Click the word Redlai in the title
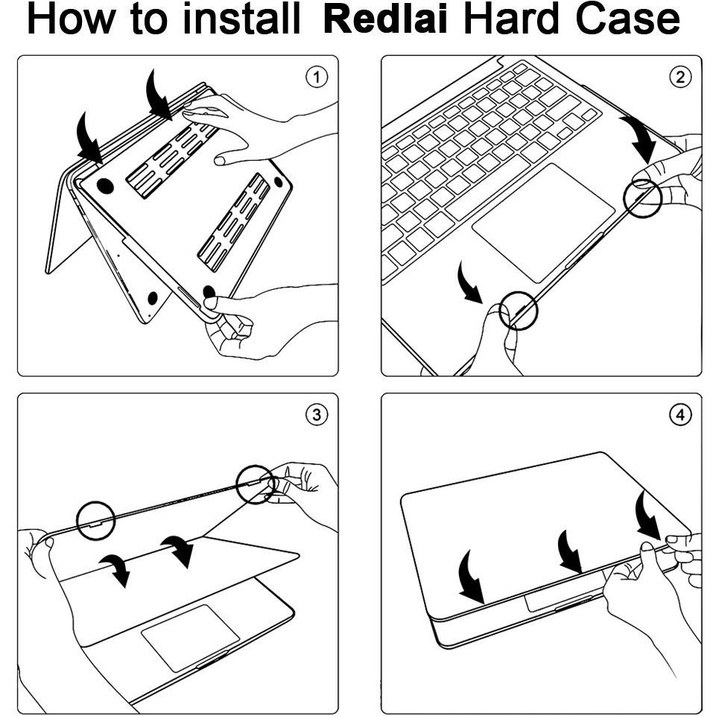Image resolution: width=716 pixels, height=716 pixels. tap(385, 19)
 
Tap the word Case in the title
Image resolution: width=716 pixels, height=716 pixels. tap(627, 19)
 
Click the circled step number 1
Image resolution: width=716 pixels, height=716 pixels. tap(317, 77)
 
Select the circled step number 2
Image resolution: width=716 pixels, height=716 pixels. tap(680, 77)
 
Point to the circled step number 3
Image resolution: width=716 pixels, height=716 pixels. tap(317, 414)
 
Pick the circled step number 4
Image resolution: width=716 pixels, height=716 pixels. tap(680, 414)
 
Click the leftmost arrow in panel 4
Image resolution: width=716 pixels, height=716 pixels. tap(471, 577)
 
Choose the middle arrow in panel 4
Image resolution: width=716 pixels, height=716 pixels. tap(569, 553)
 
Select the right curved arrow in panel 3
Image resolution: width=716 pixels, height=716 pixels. tap(178, 551)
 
